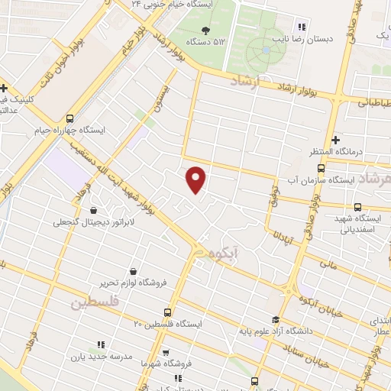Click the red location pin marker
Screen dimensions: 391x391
tap(196, 179)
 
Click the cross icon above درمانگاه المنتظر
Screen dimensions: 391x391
tap(315, 140)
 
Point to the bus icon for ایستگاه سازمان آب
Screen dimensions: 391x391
tap(321, 169)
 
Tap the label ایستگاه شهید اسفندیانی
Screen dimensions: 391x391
tap(357, 223)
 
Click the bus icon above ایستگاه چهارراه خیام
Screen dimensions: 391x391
tap(69, 118)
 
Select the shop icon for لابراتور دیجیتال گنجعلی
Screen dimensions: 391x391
tap(93, 211)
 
